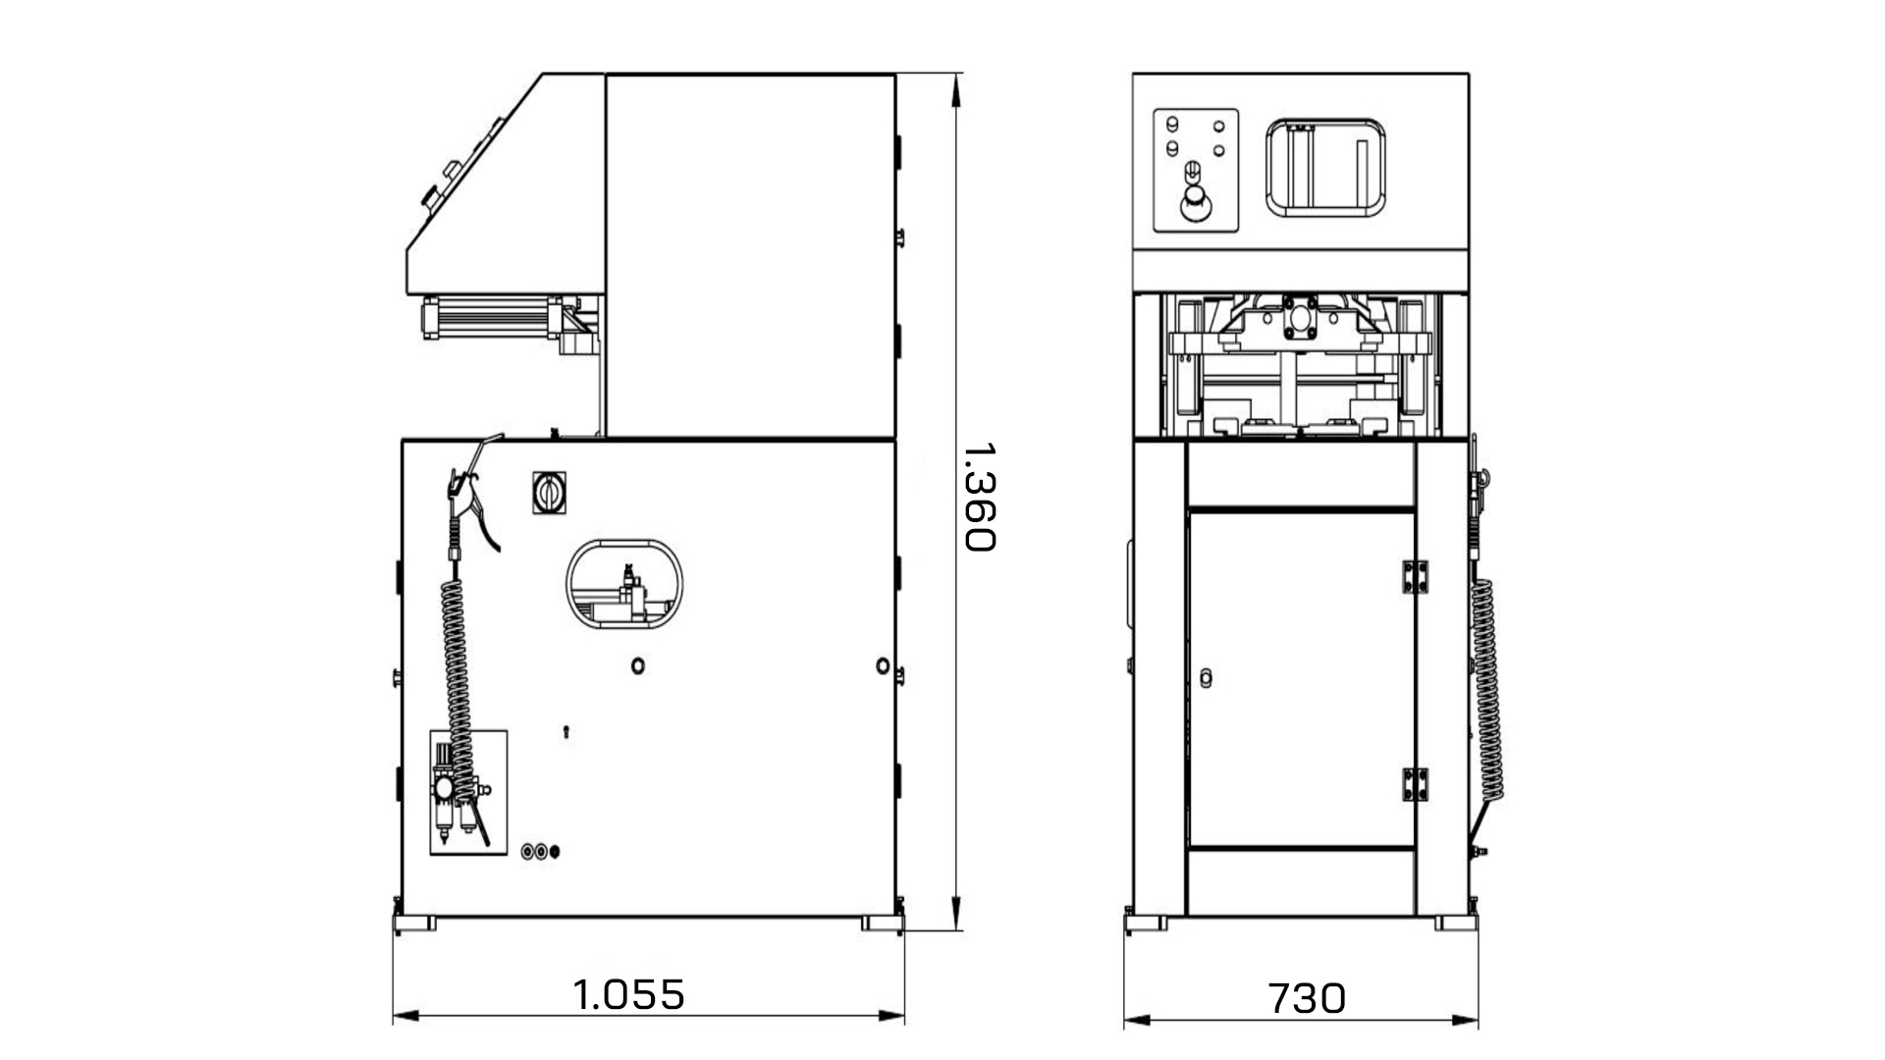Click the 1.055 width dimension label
coord(629,994)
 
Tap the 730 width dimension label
coord(1307,998)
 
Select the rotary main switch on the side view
coord(547,492)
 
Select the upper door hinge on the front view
coord(1415,577)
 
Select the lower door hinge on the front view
coord(1415,785)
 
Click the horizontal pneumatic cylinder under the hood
coord(491,319)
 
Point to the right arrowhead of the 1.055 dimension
coord(896,1016)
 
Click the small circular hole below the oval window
coord(638,666)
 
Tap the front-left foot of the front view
coord(1146,925)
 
